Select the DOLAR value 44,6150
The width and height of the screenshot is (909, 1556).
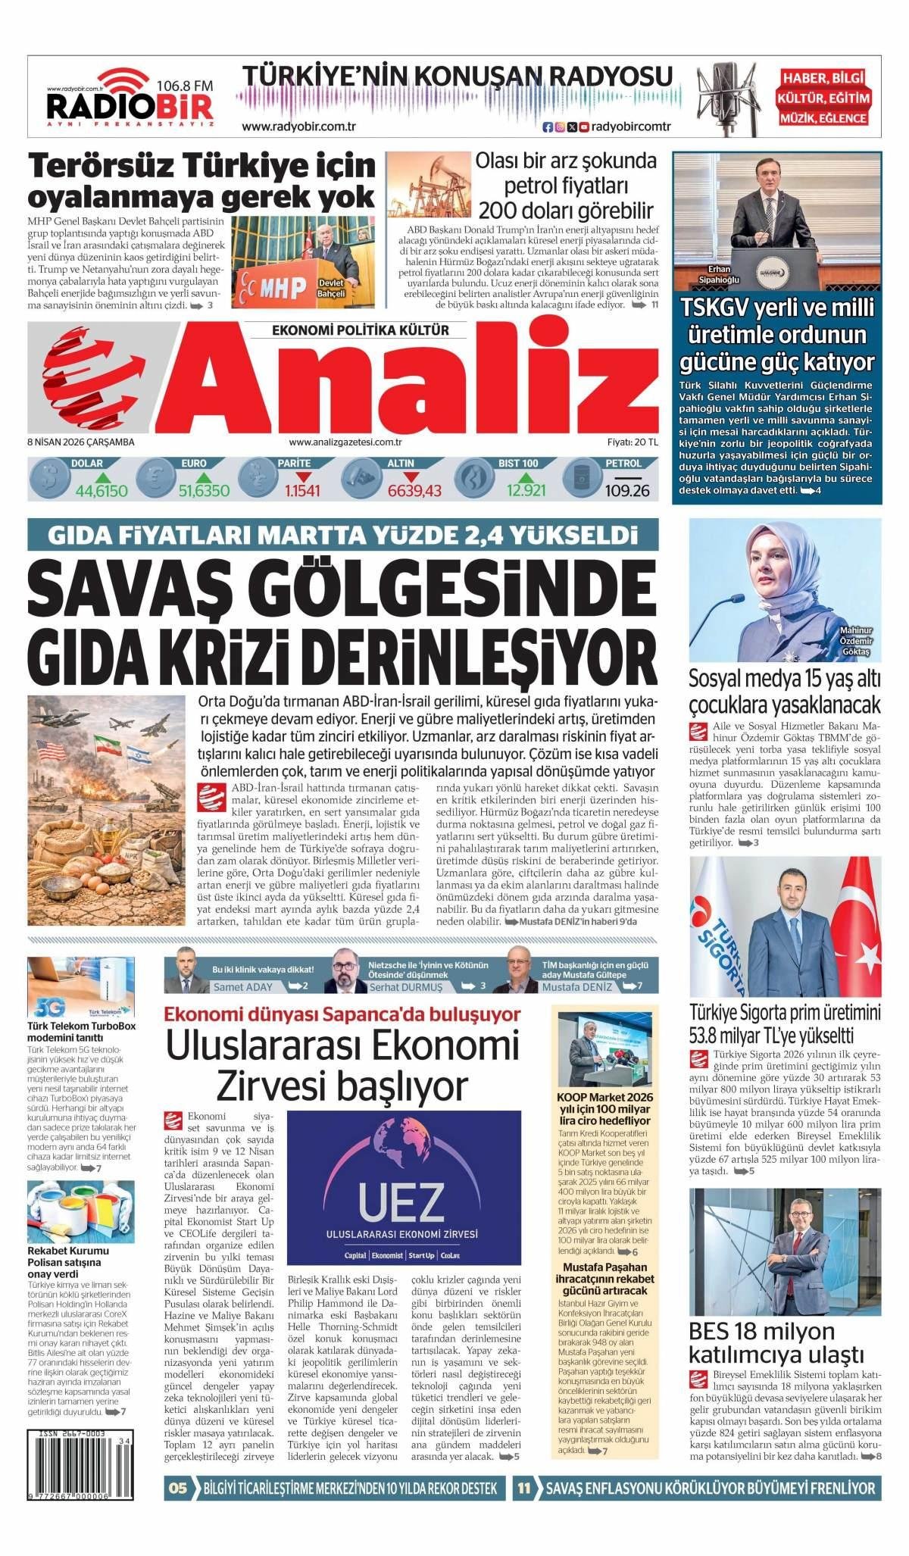(102, 491)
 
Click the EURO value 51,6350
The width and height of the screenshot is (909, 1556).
(204, 491)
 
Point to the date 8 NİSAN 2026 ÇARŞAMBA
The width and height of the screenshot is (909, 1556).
(81, 442)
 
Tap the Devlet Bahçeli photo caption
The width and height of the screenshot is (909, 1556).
(330, 288)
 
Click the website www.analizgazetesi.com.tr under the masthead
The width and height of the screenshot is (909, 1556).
(345, 442)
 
